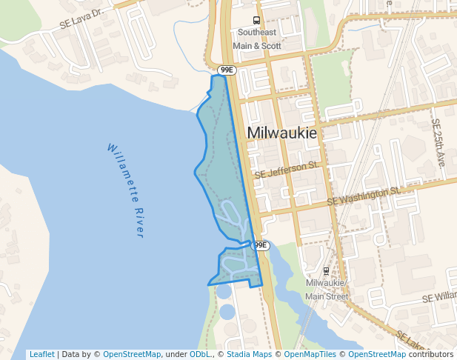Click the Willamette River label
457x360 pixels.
[125, 190]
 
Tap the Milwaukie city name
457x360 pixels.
[281, 133]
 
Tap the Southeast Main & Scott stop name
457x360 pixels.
[257, 39]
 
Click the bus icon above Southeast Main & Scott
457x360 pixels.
[256, 21]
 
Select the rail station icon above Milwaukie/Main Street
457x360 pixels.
[327, 271]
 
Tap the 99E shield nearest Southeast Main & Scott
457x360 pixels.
[226, 70]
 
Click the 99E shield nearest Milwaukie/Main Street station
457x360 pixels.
[260, 245]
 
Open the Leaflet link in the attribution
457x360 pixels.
[41, 354]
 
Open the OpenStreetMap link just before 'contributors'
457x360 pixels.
[377, 354]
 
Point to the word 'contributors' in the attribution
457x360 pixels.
[431, 354]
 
